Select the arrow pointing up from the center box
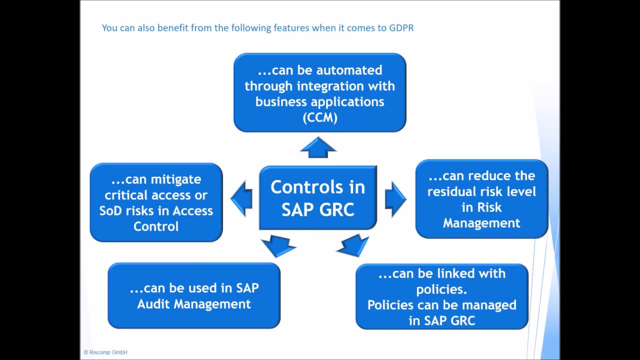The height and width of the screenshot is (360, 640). tap(318, 147)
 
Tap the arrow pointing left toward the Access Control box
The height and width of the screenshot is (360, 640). tap(242, 198)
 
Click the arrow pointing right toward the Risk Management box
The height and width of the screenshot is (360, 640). tap(395, 199)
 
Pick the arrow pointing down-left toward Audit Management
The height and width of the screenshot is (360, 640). tap(278, 245)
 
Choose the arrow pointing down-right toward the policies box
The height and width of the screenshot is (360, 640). tap(354, 245)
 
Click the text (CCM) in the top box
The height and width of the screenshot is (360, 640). tap(319, 117)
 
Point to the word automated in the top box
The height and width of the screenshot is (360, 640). tap(353, 70)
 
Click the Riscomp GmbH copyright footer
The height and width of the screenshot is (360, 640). tap(105, 352)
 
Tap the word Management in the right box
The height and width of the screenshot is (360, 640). tap(481, 223)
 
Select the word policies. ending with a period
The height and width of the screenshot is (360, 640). tap(441, 289)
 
